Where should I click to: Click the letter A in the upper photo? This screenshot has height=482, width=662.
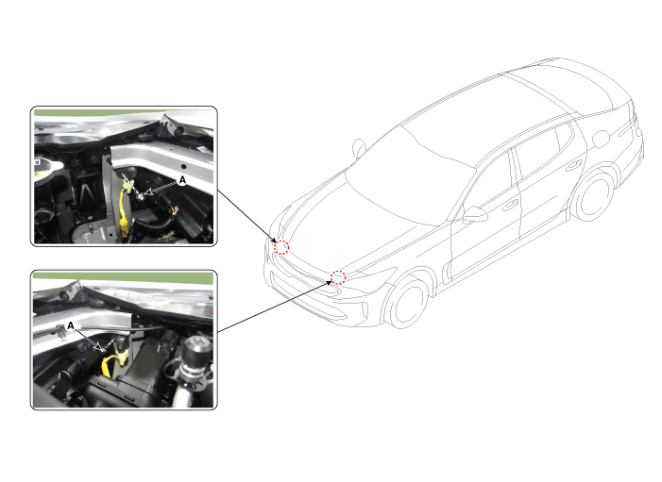click(182, 180)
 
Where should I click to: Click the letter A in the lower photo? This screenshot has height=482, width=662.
click(71, 325)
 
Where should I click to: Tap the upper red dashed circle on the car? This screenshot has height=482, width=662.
click(281, 247)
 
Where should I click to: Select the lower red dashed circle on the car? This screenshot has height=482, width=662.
click(338, 277)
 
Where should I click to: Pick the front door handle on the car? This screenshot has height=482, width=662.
click(510, 205)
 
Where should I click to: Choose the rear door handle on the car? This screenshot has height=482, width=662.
click(573, 166)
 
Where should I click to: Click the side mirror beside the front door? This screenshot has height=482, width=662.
click(475, 214)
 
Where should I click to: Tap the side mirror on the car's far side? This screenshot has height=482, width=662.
click(359, 148)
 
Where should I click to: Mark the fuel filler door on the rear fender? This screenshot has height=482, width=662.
click(601, 140)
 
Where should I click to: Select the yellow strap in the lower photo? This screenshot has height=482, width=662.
click(112, 362)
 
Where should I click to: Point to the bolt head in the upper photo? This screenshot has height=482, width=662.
click(141, 195)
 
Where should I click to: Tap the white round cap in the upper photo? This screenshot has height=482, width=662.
click(47, 169)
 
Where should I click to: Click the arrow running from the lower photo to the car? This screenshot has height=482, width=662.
click(275, 307)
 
